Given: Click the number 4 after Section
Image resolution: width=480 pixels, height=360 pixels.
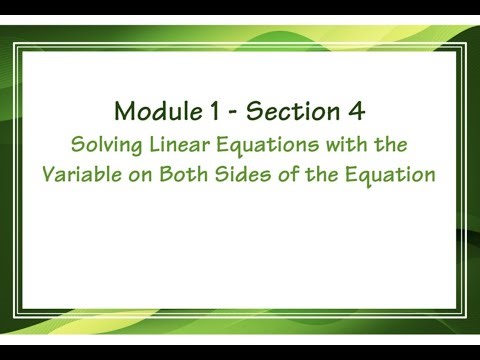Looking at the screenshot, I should [355, 108].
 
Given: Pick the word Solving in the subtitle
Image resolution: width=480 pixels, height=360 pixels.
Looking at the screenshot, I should [102, 145].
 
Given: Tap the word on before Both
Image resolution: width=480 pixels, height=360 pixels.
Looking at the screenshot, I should [140, 173].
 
